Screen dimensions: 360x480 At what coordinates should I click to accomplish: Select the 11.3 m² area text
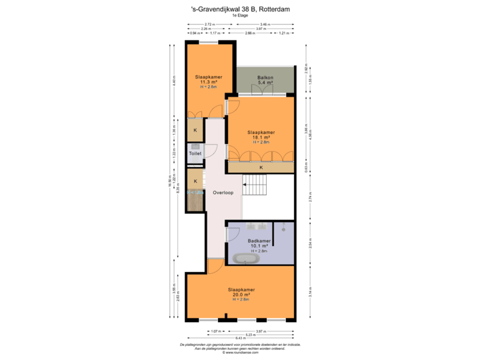[209, 83]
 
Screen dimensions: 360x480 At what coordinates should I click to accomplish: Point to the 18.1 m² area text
[261, 137]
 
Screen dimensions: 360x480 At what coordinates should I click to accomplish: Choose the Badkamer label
[259, 240]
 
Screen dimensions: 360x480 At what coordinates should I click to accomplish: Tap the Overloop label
[223, 193]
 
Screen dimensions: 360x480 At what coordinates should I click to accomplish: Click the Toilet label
[195, 153]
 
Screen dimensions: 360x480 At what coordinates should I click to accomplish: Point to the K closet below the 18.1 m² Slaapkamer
[261, 167]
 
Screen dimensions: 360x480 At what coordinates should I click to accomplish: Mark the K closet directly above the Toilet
[195, 130]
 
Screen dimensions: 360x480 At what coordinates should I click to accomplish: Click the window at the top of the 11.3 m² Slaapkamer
[209, 42]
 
